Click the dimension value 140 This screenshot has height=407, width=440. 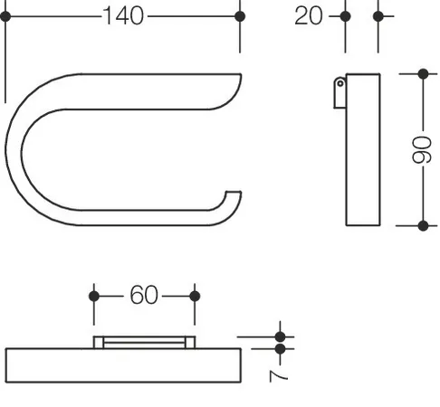(123, 16)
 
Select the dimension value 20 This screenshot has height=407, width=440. (309, 16)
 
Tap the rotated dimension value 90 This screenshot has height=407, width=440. (423, 150)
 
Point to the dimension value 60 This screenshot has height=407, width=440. (144, 295)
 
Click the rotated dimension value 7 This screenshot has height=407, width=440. (279, 376)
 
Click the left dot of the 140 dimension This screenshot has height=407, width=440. (5, 16)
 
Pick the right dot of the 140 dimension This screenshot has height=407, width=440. (240, 16)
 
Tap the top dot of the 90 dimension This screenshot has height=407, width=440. (423, 74)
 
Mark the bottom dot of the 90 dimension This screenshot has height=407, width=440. (423, 225)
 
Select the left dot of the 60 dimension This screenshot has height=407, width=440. (94, 297)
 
